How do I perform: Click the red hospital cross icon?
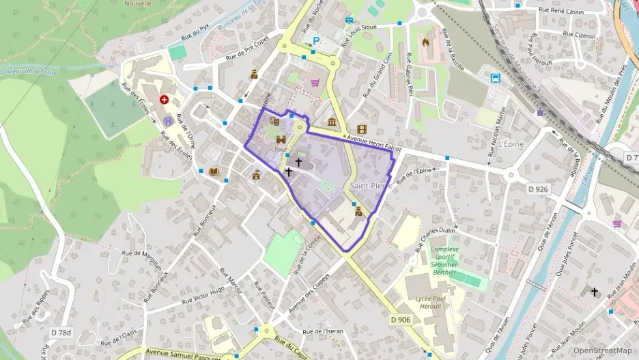pyautogui.click(x=164, y=100)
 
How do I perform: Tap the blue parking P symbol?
pyautogui.click(x=315, y=40)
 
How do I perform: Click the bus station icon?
pyautogui.click(x=494, y=78)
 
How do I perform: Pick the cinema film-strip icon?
pyautogui.click(x=361, y=128)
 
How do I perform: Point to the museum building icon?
pyautogui.click(x=332, y=122)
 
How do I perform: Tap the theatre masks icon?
pyautogui.click(x=275, y=122)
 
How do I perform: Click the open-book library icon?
pyautogui.click(x=214, y=171)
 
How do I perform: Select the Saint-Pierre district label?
pyautogui.click(x=370, y=186)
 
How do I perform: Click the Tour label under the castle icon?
pyautogui.click(x=281, y=148)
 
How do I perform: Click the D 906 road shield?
pyautogui.click(x=401, y=320)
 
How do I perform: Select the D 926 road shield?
pyautogui.click(x=539, y=188)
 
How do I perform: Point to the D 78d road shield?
pyautogui.click(x=61, y=333)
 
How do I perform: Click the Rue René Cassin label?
pyautogui.click(x=562, y=10)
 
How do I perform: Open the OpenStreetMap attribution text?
pyautogui.click(x=603, y=350)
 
